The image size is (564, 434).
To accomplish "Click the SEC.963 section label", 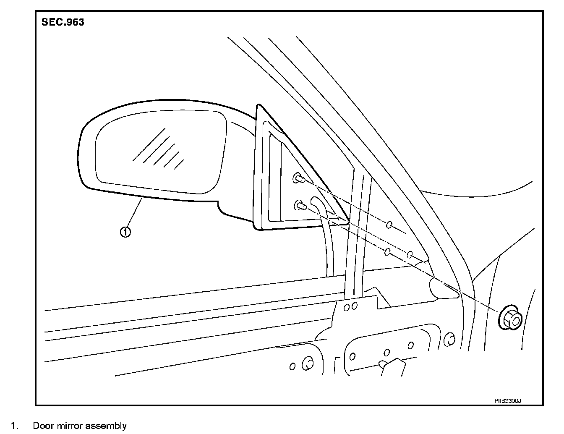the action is [x=63, y=22].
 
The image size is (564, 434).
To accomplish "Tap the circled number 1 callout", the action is [x=125, y=231].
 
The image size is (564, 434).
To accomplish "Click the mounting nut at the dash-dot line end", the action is [x=510, y=319].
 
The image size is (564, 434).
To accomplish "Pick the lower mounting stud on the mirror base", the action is [x=300, y=205].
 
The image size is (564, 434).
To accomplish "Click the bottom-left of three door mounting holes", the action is [x=387, y=251].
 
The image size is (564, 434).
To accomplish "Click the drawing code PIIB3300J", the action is [x=507, y=401].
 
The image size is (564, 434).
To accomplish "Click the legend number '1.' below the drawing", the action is [x=14, y=426].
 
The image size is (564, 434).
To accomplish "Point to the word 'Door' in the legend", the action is [x=42, y=426].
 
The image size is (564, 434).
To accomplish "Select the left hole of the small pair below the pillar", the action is [x=347, y=307].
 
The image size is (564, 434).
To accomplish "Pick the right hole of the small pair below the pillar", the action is [x=354, y=306].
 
